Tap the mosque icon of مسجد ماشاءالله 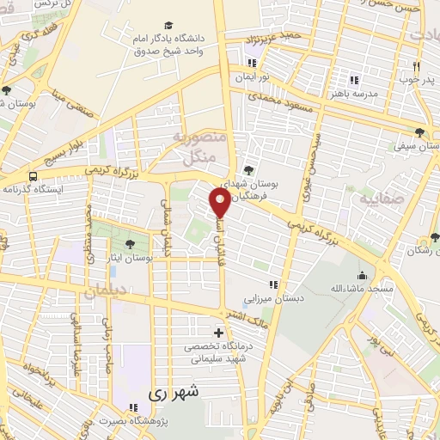pyautogui.click(x=362, y=276)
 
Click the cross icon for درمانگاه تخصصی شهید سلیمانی pyautogui.click(x=218, y=333)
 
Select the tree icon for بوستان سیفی pyautogui.click(x=419, y=132)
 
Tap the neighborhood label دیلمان pyautogui.click(x=104, y=292)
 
